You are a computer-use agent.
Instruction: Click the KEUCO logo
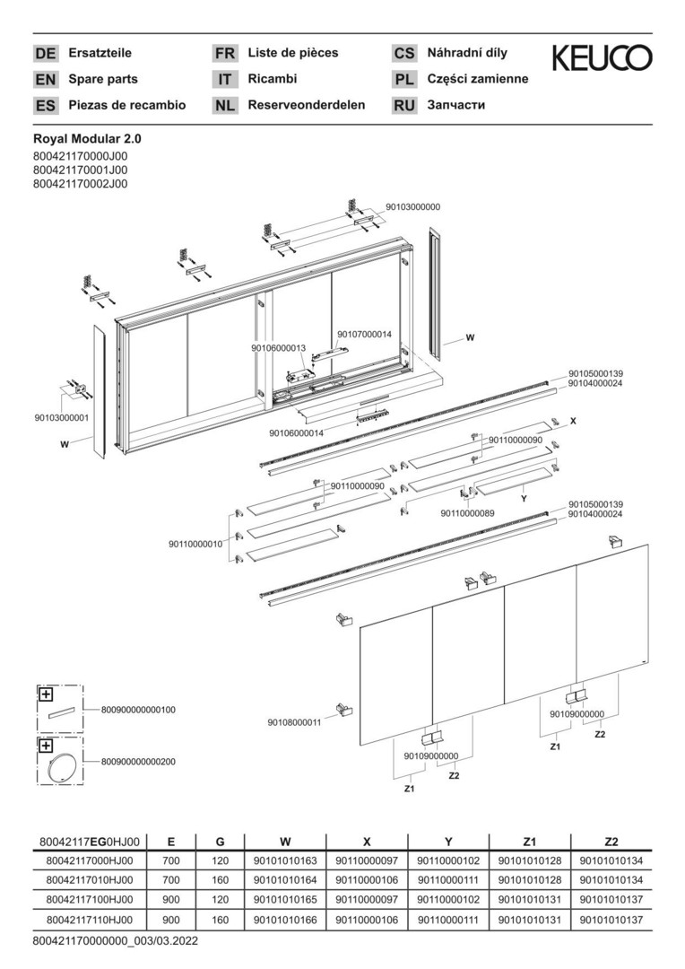(x=602, y=58)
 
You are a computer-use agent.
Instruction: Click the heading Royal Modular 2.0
(x=87, y=139)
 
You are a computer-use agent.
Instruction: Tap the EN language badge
(x=46, y=80)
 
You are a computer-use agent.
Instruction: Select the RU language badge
(x=404, y=105)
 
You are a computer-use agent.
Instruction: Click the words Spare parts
(x=103, y=79)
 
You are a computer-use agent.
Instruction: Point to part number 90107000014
(x=364, y=335)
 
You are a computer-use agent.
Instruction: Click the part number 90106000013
(x=278, y=348)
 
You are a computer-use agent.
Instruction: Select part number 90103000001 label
(x=62, y=417)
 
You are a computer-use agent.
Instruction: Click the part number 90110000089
(x=467, y=513)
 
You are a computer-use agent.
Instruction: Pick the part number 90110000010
(x=195, y=544)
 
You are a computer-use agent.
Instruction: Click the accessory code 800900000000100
(x=138, y=710)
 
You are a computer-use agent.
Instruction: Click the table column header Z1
(x=530, y=842)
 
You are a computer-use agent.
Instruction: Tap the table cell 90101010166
(x=285, y=920)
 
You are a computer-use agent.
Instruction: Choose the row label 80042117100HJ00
(x=89, y=900)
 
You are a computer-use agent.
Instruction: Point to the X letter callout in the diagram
(x=572, y=420)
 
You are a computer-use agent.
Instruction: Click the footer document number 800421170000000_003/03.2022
(x=115, y=941)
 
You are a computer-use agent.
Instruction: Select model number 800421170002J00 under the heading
(x=80, y=183)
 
